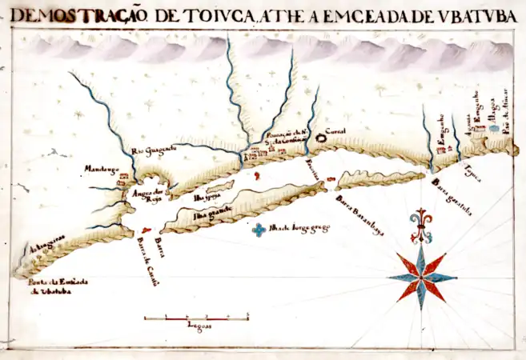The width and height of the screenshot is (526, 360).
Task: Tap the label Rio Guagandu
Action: click(x=153, y=148)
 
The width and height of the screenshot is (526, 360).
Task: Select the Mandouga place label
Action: click(x=102, y=169)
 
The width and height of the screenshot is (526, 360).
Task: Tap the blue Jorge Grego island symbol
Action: click(x=259, y=230)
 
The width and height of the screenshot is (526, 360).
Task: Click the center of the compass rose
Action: click(x=421, y=278)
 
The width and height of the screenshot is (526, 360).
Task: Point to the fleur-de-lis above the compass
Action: click(x=420, y=223)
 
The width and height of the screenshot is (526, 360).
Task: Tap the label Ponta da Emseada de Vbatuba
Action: click(x=58, y=286)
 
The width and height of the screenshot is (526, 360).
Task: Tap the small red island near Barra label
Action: click(x=145, y=230)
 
